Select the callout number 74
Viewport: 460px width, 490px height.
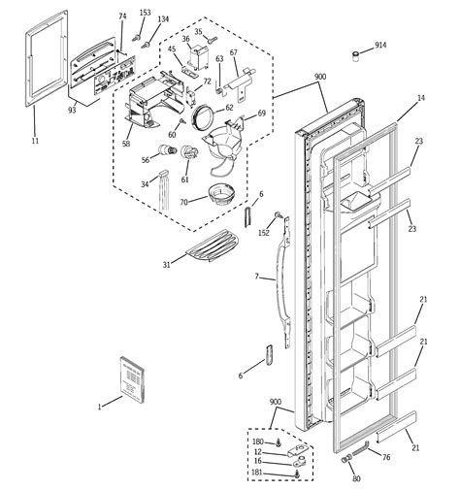tap(122, 16)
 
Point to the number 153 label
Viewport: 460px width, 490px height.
tap(146, 13)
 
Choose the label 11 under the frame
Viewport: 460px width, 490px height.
tap(35, 141)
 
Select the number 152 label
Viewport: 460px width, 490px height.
tap(264, 233)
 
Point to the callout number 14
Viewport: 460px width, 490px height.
tap(421, 99)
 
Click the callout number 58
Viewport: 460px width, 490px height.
tap(126, 144)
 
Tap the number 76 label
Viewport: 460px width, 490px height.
tap(385, 457)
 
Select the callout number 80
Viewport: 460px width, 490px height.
tap(355, 478)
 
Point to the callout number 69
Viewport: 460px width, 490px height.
tap(260, 114)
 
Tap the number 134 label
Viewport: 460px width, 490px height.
tap(162, 19)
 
